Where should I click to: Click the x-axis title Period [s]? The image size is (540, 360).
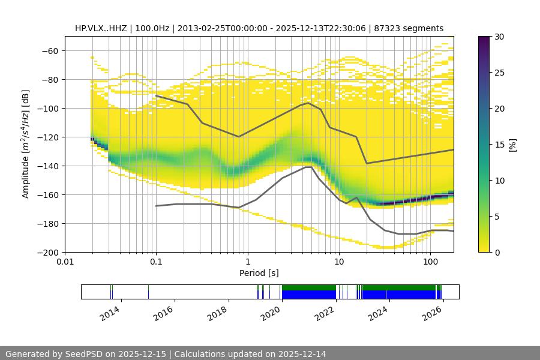[x=259, y=274]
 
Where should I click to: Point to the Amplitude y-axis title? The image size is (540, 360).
[x=26, y=144]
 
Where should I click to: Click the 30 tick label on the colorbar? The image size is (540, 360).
[x=499, y=37]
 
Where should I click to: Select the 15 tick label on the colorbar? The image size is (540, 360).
[x=499, y=145]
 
